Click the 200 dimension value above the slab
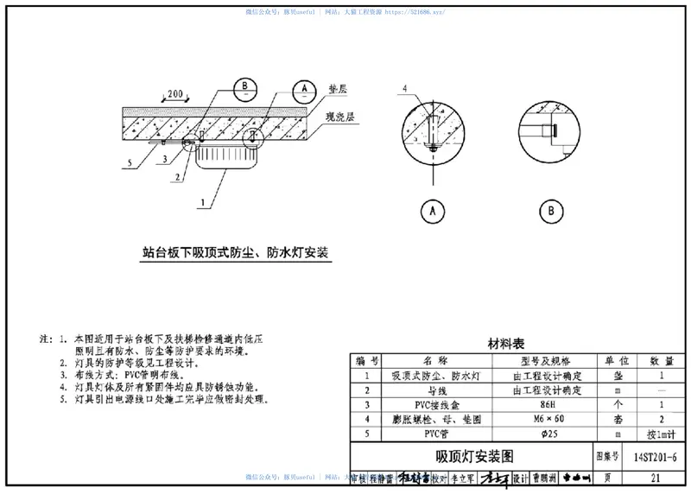tap(176, 92)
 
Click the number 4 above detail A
tap(402, 88)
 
